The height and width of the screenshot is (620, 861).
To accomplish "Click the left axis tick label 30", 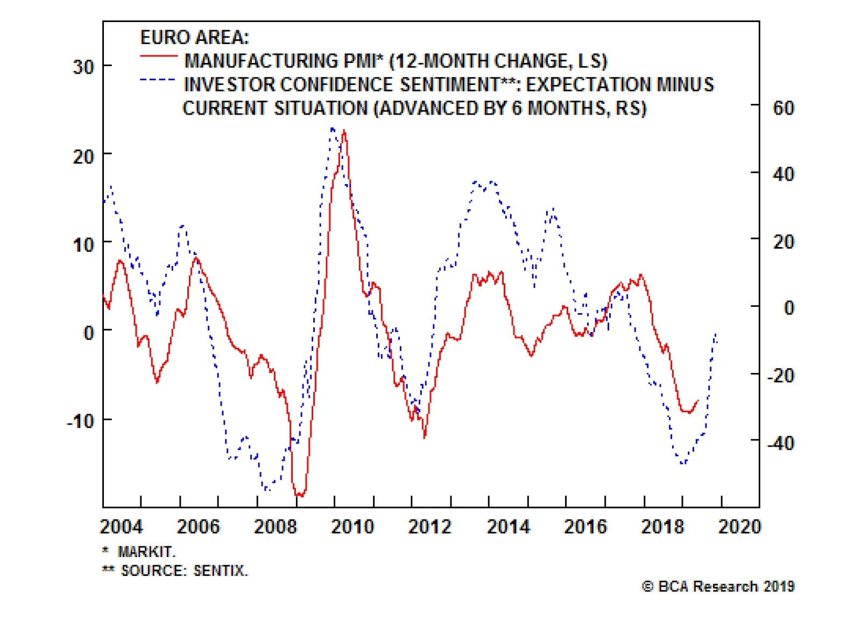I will [x=83, y=67].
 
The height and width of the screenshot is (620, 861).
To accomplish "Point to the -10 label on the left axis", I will [x=81, y=421].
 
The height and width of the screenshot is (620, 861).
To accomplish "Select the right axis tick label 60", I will [x=784, y=108].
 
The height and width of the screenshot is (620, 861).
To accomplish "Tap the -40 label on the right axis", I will [x=781, y=443].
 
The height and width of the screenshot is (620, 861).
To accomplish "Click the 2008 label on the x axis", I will [x=275, y=526].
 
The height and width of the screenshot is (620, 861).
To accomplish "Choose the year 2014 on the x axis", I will [x=508, y=526].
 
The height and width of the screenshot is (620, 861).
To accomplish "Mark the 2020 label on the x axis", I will [x=739, y=526].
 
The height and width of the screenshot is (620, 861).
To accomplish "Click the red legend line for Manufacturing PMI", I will [x=158, y=56].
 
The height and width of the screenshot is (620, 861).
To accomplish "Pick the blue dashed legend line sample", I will [x=158, y=80].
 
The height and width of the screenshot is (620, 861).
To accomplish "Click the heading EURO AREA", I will [x=194, y=38].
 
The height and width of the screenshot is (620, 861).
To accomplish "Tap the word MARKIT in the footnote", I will [x=146, y=552].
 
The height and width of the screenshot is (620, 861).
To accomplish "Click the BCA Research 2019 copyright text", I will [x=718, y=587].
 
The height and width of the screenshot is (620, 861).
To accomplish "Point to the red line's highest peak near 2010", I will [x=344, y=131].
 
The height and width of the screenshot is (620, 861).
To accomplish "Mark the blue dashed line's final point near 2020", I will [x=716, y=334].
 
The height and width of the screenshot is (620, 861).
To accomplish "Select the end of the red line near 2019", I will [x=698, y=401].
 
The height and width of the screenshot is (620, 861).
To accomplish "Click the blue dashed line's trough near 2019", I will [x=682, y=463].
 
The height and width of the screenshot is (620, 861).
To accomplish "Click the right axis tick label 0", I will [x=788, y=308].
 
